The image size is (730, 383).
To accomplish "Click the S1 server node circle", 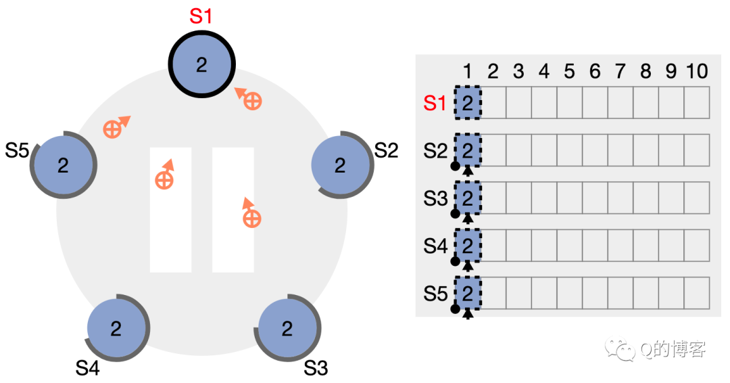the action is point(201,64).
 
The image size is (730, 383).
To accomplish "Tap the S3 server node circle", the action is point(287,328).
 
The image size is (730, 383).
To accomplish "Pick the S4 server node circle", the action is point(116,328).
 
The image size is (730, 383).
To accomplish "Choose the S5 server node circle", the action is point(64,165).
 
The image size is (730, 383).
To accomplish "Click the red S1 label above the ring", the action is point(201,16).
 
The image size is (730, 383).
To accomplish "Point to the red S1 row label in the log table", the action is point(435,104).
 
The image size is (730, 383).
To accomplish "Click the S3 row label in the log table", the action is point(435,198).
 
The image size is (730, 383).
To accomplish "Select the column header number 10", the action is point(697,71).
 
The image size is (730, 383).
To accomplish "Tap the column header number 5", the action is point(569,71).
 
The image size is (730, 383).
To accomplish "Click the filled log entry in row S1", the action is point(468,102).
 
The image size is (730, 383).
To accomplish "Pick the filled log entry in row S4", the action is point(468,245).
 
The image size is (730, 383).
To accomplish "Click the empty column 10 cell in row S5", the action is point(697,293).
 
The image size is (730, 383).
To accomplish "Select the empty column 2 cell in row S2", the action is point(493,150).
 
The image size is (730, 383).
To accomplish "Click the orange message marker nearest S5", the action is point(116,127).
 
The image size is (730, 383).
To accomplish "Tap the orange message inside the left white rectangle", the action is point(165,175).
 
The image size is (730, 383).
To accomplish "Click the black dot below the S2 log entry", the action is point(456,165).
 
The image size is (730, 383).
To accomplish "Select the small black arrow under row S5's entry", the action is point(468,315).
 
